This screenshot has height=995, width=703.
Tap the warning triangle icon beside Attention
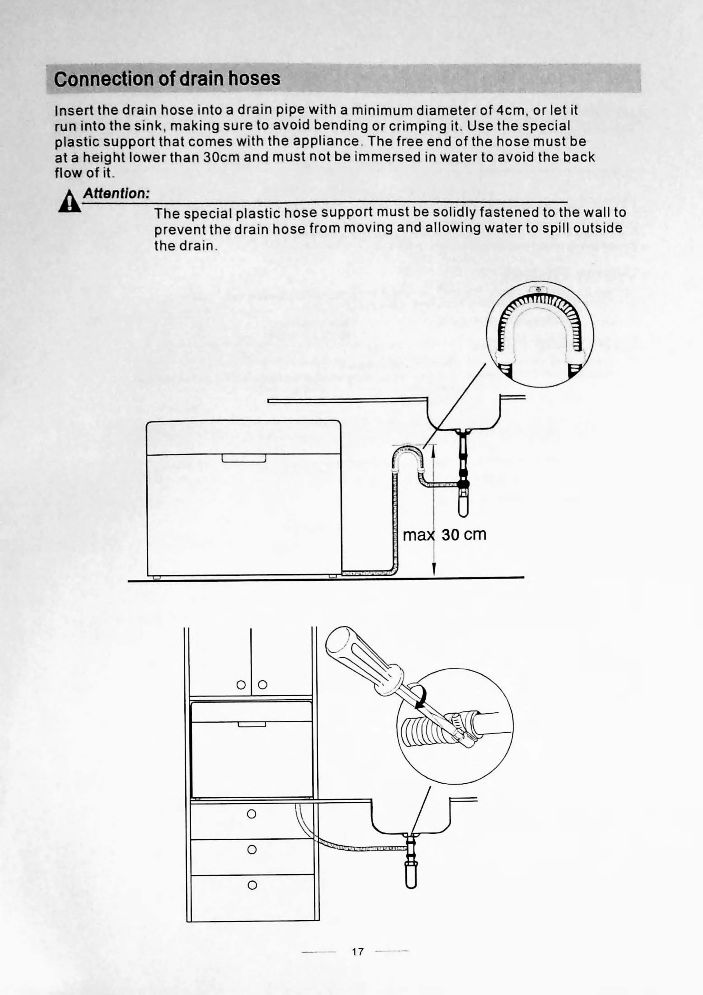click(69, 202)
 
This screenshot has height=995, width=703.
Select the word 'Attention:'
click(116, 193)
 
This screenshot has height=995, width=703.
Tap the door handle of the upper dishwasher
click(244, 458)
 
